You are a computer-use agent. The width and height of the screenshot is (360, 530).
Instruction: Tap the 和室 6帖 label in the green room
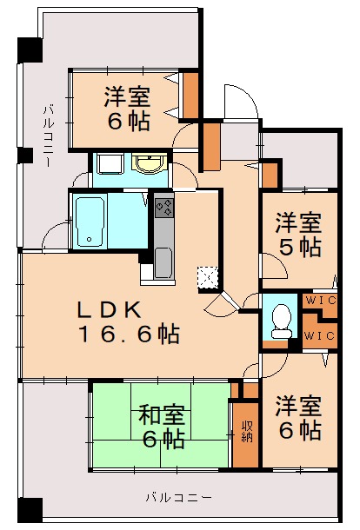tap(161, 427)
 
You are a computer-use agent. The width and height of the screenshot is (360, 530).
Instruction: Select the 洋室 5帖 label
tap(298, 233)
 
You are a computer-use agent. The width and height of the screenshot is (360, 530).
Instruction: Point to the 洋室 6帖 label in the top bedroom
tap(128, 108)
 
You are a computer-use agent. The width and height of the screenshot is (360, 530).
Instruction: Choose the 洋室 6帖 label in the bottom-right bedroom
tap(298, 417)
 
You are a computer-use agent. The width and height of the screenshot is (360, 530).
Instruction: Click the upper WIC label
tap(319, 301)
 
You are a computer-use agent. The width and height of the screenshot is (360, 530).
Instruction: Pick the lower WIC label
tap(319, 335)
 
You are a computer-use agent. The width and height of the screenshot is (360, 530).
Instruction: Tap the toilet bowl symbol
tap(281, 321)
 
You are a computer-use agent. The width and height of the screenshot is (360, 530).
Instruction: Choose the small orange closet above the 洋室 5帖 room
tap(270, 175)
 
